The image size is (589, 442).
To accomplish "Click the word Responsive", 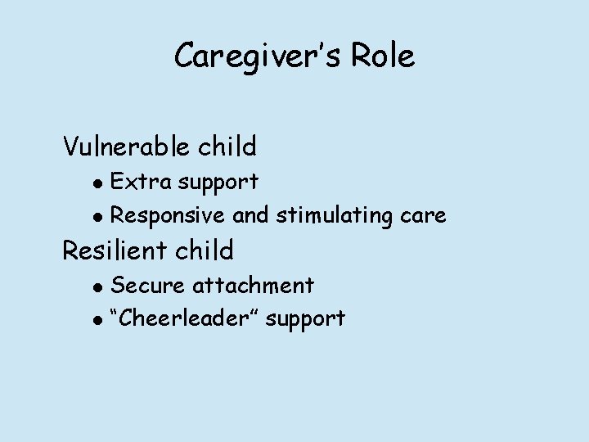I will click(168, 216).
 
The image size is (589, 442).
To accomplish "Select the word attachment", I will click(253, 285).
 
